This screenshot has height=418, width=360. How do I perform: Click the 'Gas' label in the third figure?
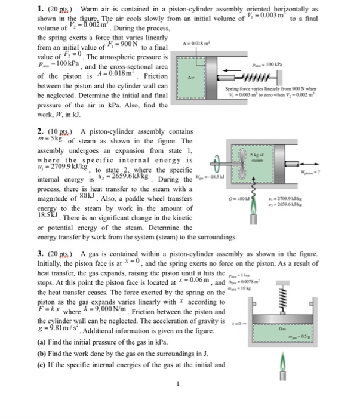[280, 327]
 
